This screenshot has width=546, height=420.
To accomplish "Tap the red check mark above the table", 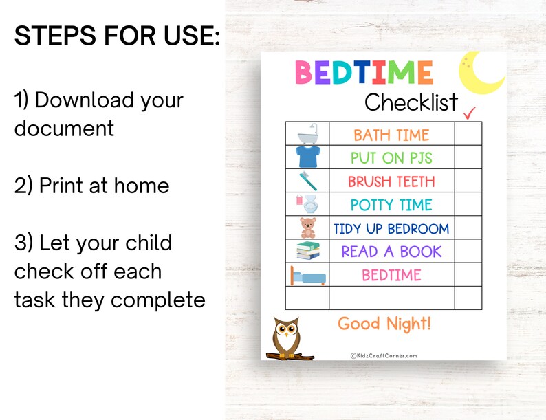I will tap(470, 112).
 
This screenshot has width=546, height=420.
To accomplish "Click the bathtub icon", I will tap(307, 133).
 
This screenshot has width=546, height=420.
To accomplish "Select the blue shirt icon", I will tap(307, 157).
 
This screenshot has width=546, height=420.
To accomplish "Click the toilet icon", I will tap(308, 204).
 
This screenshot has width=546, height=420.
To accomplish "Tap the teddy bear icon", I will tap(307, 228).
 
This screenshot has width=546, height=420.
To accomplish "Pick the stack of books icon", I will tap(307, 251).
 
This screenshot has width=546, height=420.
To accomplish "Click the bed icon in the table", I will tap(307, 275).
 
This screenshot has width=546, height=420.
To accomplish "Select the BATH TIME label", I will tap(391, 135).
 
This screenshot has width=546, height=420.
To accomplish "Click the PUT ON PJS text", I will tap(391, 158).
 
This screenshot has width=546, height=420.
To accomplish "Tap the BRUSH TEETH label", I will tap(391, 181).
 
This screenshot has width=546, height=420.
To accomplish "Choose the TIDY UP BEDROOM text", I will tap(391, 228).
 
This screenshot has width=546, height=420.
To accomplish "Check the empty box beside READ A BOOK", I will tap(468, 252).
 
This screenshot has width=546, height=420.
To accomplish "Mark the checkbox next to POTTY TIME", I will tap(468, 205).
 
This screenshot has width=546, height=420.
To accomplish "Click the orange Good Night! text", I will tap(384, 323).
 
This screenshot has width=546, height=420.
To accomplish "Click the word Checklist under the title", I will tap(411, 103).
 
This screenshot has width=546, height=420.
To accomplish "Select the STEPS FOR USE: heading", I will tap(117, 36).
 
